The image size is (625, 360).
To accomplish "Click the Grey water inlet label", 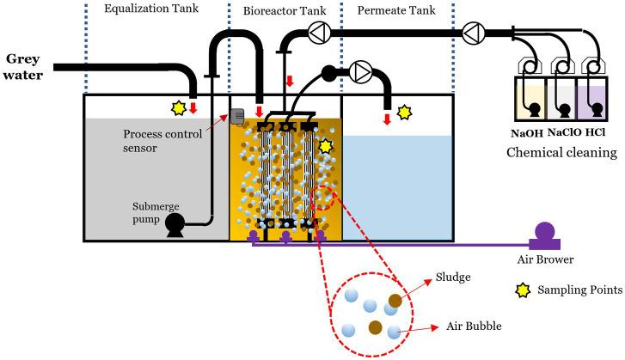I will [26, 66].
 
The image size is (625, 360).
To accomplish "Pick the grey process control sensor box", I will [238, 118].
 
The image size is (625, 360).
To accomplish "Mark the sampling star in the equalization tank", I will [178, 108].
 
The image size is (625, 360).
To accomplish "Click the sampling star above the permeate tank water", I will [404, 113].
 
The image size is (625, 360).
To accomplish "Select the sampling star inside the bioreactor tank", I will [325, 146].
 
